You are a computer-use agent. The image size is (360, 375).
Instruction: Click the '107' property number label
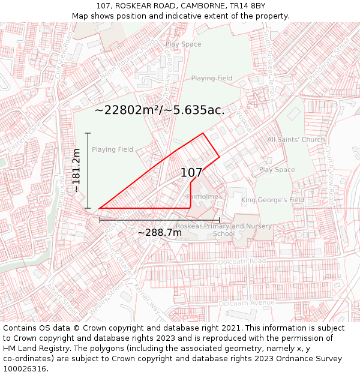click(191, 173)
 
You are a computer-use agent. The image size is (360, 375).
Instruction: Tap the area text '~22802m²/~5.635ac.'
click(160, 110)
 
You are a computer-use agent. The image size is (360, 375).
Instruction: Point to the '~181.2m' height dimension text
click(76, 170)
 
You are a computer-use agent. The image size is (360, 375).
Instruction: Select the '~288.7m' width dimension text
click(160, 232)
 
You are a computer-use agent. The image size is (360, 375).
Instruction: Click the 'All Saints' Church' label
click(296, 140)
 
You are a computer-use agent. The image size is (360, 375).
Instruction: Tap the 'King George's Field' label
click(272, 200)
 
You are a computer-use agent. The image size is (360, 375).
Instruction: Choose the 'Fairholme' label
click(202, 196)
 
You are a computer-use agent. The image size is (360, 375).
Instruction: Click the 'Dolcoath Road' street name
click(242, 262)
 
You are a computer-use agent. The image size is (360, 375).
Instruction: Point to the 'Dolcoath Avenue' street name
click(246, 303)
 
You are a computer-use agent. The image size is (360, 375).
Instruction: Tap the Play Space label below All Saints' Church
click(277, 170)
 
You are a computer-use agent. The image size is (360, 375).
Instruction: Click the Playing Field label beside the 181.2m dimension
click(112, 149)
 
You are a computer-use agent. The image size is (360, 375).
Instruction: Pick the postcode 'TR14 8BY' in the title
click(247, 6)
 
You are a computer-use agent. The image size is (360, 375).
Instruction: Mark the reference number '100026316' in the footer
click(25, 369)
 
